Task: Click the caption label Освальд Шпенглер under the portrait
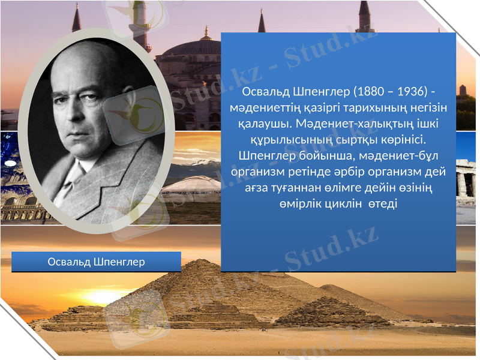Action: (x=96, y=262)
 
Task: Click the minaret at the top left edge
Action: (x=76, y=18)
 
